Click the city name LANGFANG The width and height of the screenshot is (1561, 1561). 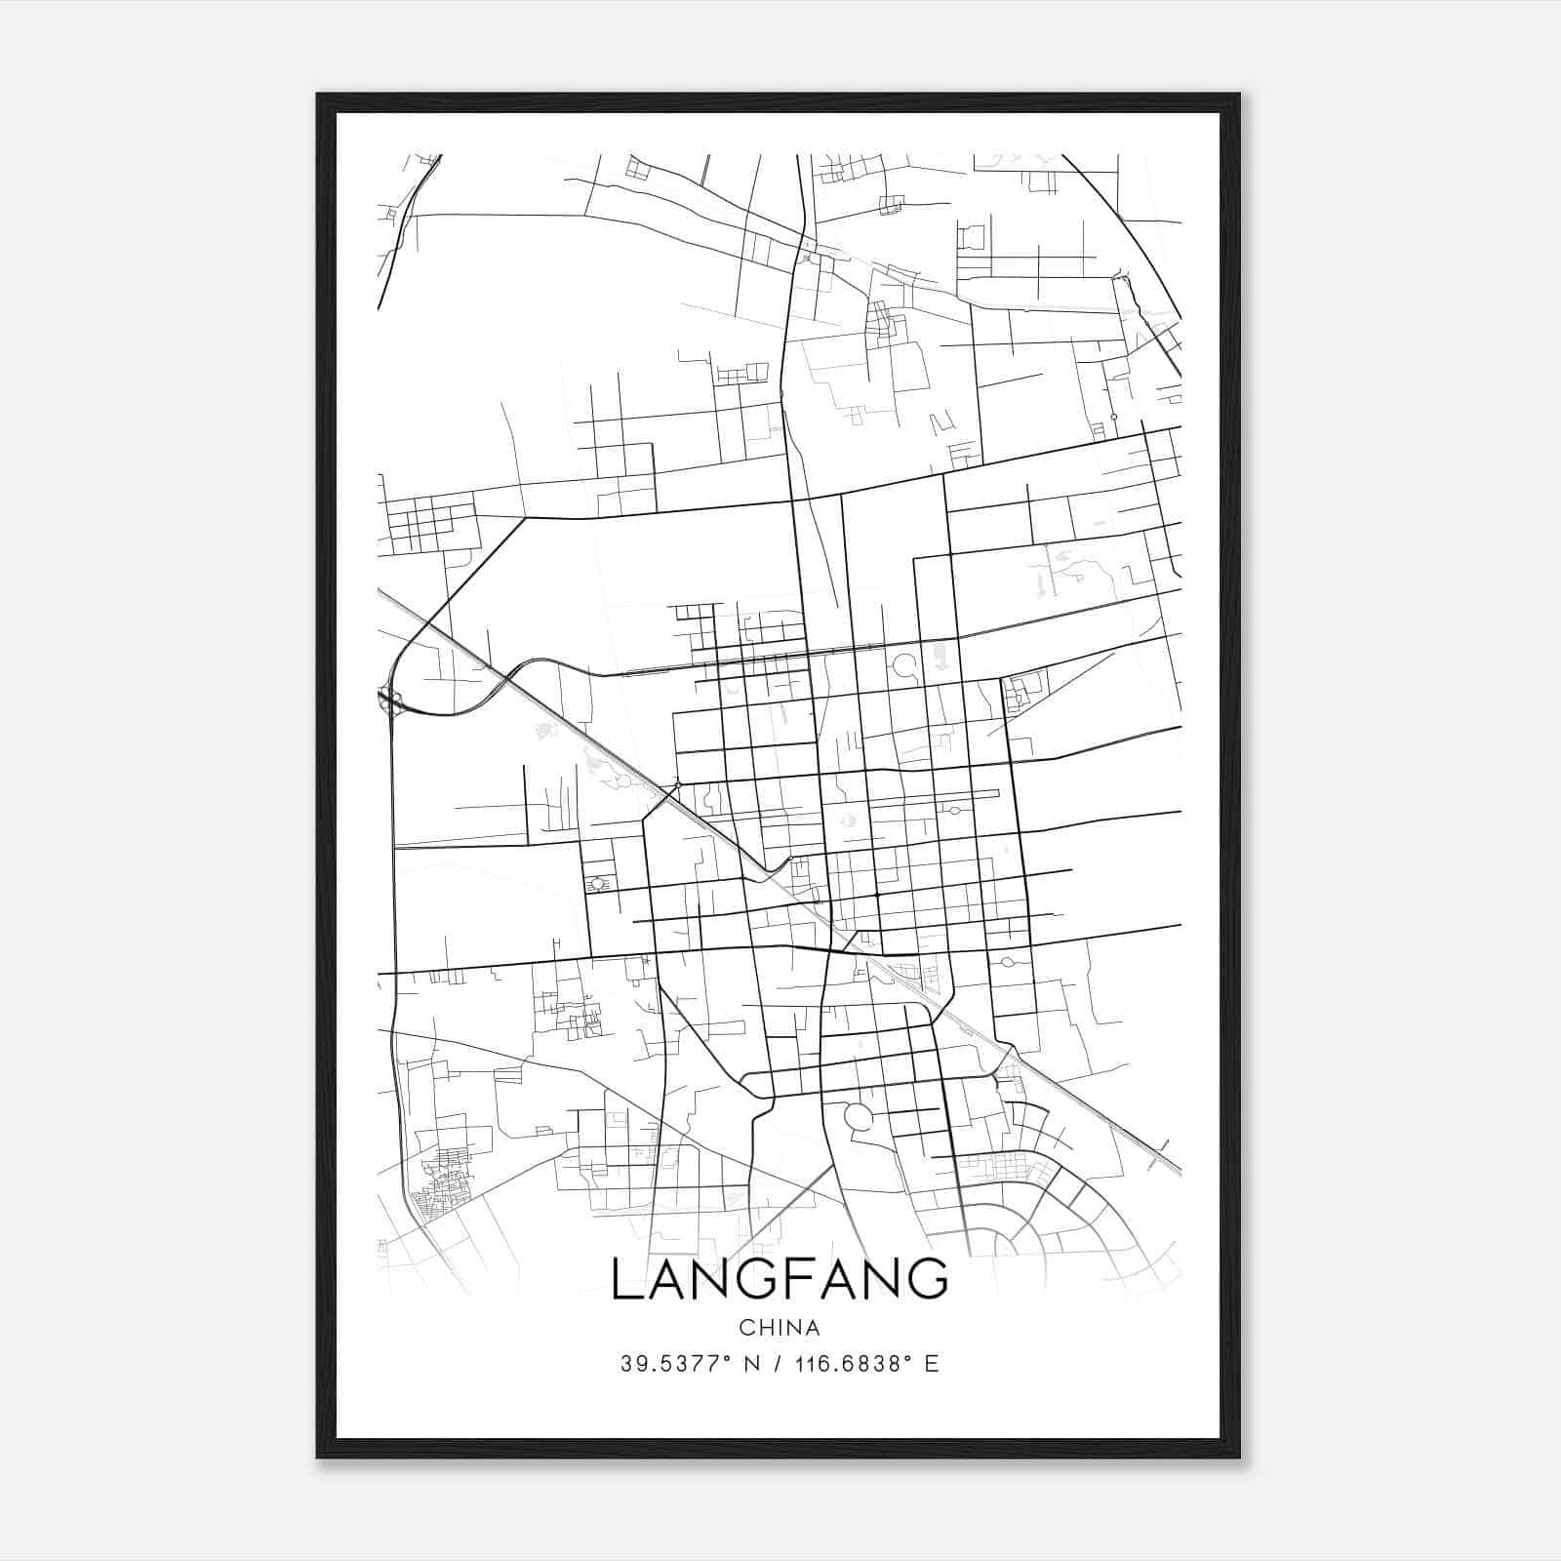(x=779, y=1279)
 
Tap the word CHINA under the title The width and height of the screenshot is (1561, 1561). (x=779, y=1328)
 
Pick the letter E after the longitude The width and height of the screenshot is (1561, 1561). (x=932, y=1364)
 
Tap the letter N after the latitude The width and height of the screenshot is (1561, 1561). (x=752, y=1364)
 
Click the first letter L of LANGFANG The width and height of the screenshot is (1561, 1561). (x=625, y=1279)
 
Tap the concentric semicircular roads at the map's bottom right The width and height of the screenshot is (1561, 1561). (x=1015, y=1234)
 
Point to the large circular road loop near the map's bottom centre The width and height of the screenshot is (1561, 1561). (x=858, y=1117)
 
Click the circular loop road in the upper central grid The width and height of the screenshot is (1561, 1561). (x=903, y=666)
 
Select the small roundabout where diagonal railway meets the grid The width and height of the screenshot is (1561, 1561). (x=677, y=784)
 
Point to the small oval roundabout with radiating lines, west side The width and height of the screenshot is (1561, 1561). (x=597, y=883)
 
